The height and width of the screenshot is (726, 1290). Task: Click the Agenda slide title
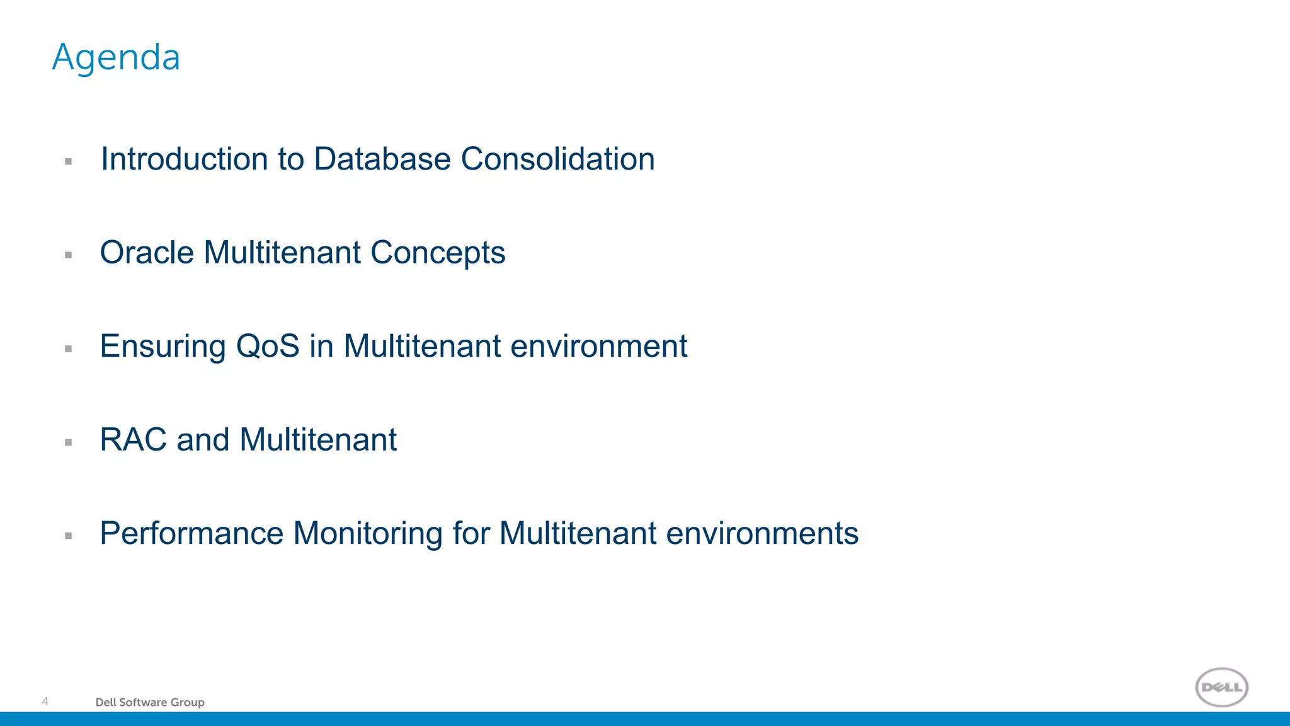tap(116, 58)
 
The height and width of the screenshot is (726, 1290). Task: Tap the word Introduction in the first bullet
tap(183, 159)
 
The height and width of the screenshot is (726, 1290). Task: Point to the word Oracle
tap(147, 253)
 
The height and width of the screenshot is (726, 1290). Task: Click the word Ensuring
tap(163, 347)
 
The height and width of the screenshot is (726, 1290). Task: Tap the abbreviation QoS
tap(267, 347)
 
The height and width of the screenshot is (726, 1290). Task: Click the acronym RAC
tap(133, 440)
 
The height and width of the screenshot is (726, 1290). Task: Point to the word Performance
tap(191, 534)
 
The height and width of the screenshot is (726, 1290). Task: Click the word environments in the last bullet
tap(762, 534)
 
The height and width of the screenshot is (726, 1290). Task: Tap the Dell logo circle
tap(1221, 687)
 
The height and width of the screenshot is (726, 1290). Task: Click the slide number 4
tap(45, 701)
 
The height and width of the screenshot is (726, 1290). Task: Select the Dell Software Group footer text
tap(150, 702)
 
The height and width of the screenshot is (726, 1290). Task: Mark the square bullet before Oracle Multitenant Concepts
tap(69, 255)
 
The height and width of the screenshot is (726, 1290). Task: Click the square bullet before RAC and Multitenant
tap(69, 442)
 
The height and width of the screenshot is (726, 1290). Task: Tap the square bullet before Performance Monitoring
tap(69, 536)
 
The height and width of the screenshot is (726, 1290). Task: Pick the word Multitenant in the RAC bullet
tap(318, 440)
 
